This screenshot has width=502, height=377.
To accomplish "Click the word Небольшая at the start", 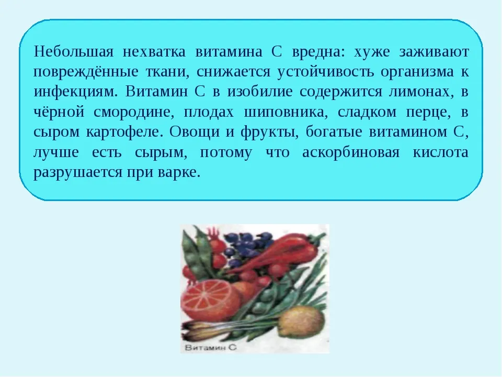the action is tap(74, 51).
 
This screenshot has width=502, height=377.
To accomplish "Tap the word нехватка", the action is tap(154, 52).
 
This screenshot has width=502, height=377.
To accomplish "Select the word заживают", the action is tap(434, 52).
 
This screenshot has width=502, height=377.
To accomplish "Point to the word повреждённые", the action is tap(86, 72).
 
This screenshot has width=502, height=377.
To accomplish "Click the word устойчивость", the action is tap(325, 72).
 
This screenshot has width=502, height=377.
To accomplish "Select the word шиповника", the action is tap(286, 113).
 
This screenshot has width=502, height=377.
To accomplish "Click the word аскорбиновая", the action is tap(351, 152).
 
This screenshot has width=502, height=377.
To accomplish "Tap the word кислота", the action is tap(440, 152).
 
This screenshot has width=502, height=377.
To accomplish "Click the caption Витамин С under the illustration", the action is tap(211, 348).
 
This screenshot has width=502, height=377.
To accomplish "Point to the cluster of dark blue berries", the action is tap(246, 245).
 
